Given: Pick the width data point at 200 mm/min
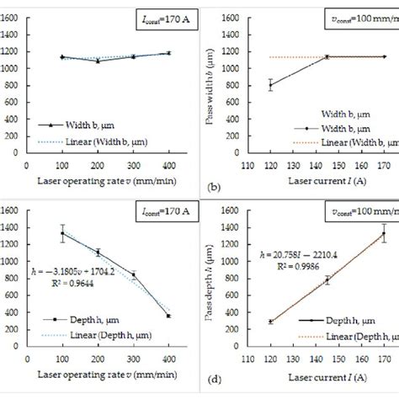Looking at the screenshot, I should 98,61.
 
